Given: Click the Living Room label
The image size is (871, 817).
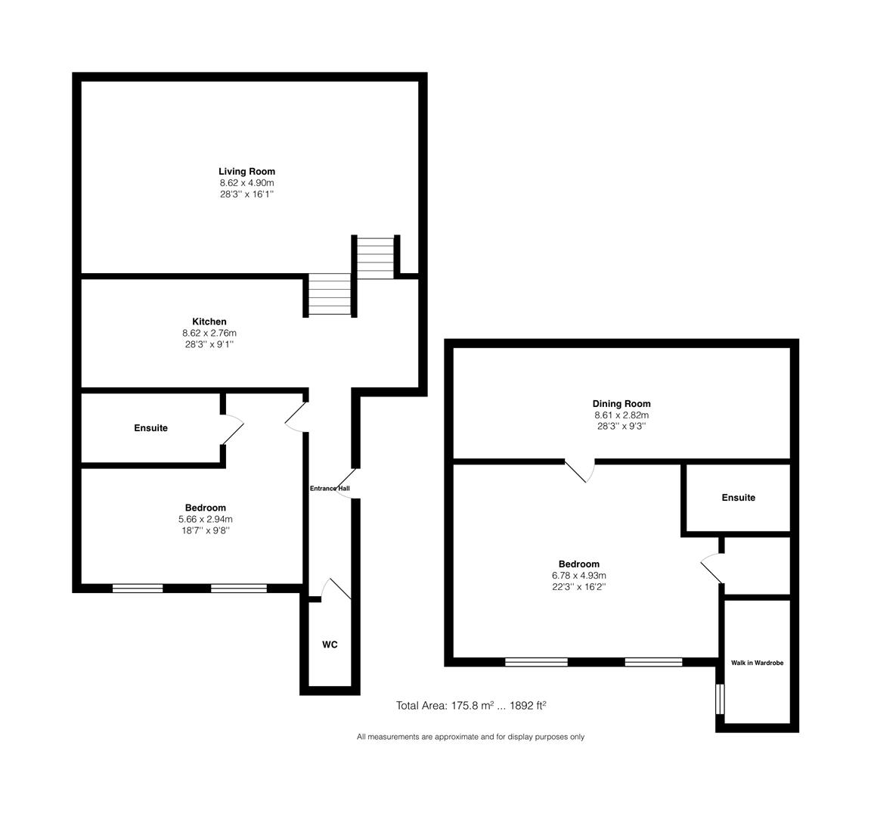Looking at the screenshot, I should (246, 172).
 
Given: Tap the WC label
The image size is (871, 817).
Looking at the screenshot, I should (330, 645).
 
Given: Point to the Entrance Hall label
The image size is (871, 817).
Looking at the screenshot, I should (330, 489).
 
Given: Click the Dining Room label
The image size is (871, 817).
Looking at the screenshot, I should (621, 404).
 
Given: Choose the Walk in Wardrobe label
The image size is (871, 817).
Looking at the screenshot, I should (757, 663).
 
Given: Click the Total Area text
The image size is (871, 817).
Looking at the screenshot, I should (471, 705).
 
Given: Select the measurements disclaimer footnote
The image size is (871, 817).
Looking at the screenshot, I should (470, 737).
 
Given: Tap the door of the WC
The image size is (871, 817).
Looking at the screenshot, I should (336, 589).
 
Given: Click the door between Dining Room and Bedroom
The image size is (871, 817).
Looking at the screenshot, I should (580, 471).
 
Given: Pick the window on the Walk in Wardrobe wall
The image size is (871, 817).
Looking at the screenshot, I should (720, 698).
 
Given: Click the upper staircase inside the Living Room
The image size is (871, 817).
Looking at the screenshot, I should (376, 258).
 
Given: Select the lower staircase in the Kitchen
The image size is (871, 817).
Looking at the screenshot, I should (330, 296).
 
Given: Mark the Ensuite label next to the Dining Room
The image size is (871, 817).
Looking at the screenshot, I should (738, 498).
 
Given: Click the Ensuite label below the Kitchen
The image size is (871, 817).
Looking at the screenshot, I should (151, 428).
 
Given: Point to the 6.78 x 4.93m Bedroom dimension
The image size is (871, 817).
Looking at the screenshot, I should (579, 575).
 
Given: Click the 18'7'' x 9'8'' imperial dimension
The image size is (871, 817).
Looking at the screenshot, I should (206, 530).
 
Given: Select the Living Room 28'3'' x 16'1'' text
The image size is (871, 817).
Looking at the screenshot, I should (246, 194).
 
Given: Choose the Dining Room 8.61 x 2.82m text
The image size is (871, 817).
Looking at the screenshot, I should (621, 415).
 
